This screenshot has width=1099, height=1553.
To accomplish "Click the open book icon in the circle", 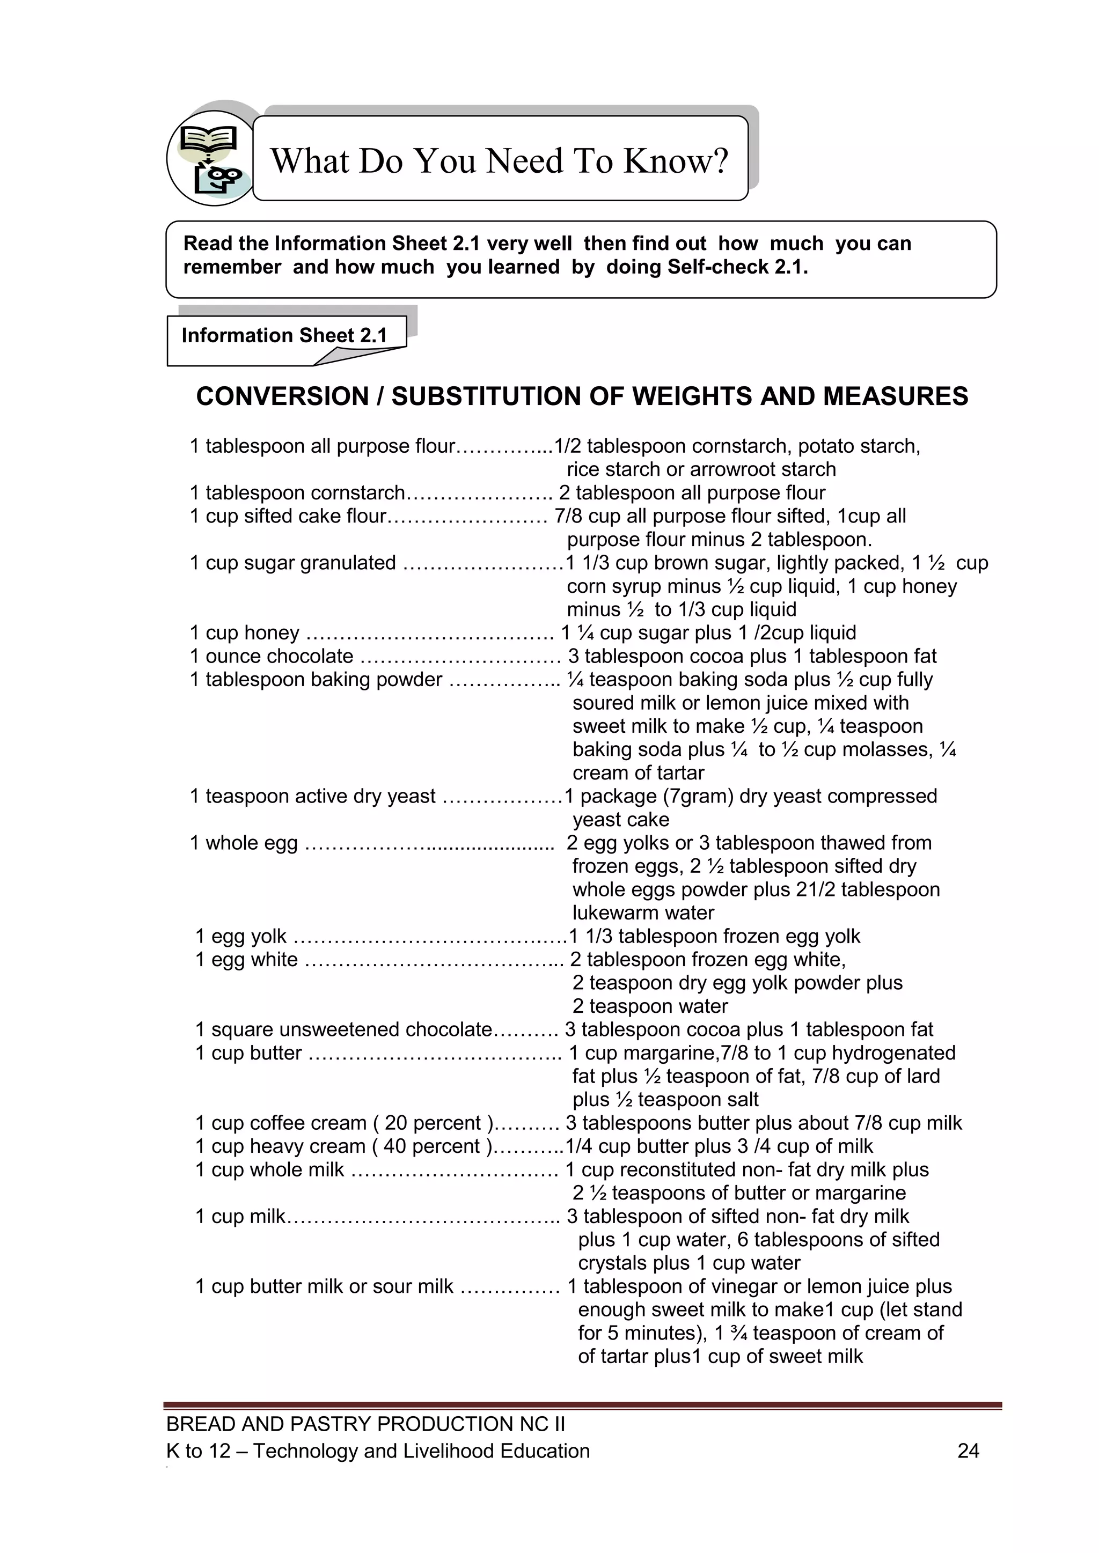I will click(208, 140).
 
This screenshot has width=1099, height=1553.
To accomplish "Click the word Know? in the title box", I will click(676, 161).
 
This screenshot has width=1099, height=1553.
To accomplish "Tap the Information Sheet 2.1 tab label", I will click(284, 335).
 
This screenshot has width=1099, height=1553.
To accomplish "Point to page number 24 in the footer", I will click(969, 1451).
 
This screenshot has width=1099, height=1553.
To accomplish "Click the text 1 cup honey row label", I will click(244, 633).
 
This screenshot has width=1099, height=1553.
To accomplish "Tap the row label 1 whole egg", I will click(244, 843).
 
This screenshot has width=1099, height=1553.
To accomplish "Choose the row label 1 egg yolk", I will click(241, 936).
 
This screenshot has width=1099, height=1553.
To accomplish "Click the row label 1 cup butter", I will click(248, 1052).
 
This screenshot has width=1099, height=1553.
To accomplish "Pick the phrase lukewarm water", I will click(643, 913).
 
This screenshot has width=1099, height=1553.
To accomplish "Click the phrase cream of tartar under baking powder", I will click(638, 773).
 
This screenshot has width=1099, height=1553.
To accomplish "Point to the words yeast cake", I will click(620, 820).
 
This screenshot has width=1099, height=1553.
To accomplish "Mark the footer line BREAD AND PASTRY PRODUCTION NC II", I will click(365, 1424).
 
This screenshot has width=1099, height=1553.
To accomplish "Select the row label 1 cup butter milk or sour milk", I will click(324, 1286).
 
